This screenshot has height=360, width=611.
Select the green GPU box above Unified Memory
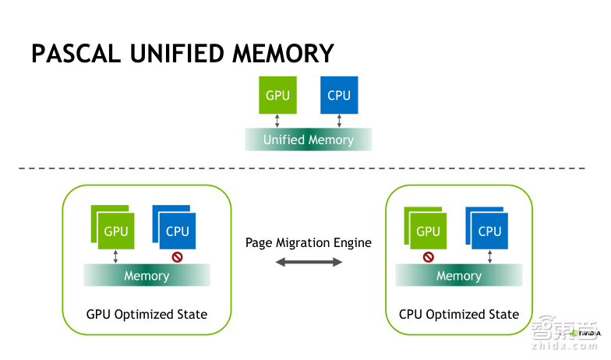[x=278, y=95]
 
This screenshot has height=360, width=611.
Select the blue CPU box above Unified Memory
[x=339, y=95]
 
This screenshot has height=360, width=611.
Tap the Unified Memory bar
[x=309, y=140]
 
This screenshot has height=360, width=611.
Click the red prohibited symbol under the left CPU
[x=177, y=256]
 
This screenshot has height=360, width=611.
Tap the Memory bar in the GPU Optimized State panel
[x=147, y=276]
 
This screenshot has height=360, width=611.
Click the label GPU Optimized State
[x=147, y=315]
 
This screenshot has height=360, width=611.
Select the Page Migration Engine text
[x=309, y=242]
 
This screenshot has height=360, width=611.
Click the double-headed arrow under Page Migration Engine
[x=309, y=263]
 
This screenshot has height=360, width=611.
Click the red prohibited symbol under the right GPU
[x=428, y=256]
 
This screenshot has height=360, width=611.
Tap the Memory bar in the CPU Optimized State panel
[x=459, y=276]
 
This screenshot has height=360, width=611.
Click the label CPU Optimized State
[x=459, y=315]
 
